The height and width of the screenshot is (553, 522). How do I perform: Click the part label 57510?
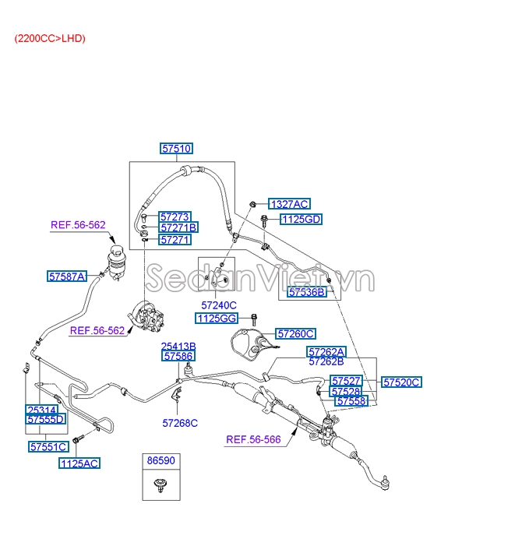[177, 148]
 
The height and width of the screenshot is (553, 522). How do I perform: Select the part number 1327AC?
[289, 204]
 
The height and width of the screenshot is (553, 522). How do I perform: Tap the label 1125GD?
[301, 220]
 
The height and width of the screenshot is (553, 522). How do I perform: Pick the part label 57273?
[175, 217]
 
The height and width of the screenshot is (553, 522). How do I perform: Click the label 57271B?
[178, 228]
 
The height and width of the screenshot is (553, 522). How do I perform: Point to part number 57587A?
[66, 276]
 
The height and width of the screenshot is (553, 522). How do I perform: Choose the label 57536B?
[307, 293]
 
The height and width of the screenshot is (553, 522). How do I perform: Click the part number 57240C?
[219, 305]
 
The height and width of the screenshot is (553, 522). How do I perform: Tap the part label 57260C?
[296, 333]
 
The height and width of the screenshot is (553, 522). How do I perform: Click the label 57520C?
[402, 382]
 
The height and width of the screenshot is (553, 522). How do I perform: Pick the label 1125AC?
[79, 463]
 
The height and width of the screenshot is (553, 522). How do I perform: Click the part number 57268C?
[180, 423]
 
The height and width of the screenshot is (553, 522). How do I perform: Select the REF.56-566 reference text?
[253, 439]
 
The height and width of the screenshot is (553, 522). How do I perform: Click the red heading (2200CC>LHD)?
[49, 38]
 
